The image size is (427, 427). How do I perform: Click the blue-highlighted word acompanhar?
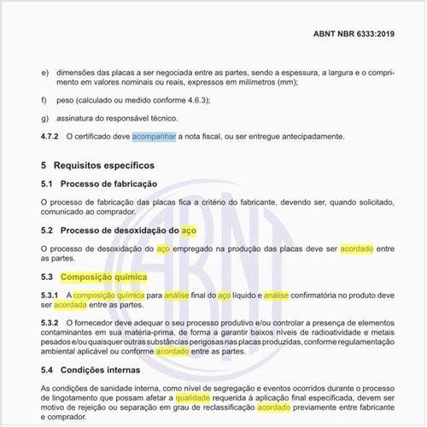pyautogui.click(x=155, y=137)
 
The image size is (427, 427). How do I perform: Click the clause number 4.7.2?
pyautogui.click(x=50, y=137)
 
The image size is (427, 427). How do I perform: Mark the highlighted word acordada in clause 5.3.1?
pyautogui.click(x=71, y=304)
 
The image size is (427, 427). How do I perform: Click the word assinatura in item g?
pyautogui.click(x=83, y=118)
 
